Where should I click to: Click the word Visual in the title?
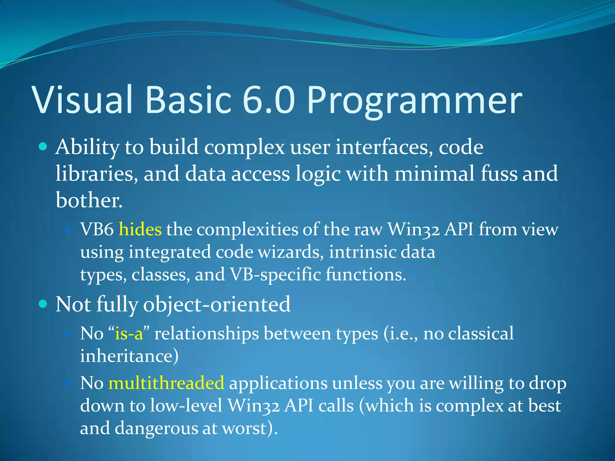point(83,100)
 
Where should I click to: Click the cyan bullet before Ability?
point(43,147)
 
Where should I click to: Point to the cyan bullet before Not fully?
point(43,304)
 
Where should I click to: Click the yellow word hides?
point(140,230)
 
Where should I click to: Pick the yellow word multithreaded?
point(166,383)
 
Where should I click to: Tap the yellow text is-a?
point(129,334)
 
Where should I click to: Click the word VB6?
point(97,230)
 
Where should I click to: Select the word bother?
point(89,200)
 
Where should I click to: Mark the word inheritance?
point(129,356)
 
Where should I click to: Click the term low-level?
point(186,406)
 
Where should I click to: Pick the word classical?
point(480,334)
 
